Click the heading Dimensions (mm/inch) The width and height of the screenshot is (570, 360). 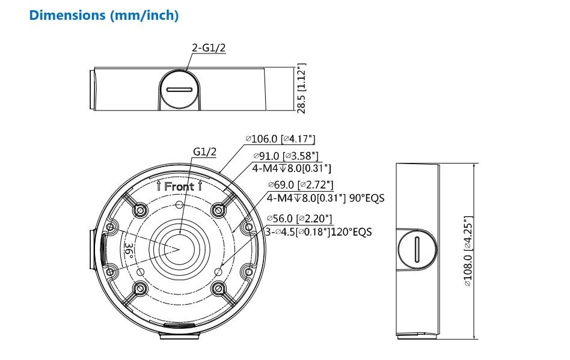point(104,16)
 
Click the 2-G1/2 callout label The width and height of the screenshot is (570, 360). point(208,48)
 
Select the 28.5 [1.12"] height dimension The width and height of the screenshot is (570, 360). point(301,88)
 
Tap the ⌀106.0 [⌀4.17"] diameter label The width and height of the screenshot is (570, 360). point(280,139)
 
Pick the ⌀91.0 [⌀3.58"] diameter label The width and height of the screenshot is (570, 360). point(285,156)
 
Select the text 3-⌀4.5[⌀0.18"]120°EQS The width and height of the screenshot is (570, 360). point(319,231)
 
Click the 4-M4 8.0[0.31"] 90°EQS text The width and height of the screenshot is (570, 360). point(325,197)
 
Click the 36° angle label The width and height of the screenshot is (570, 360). point(128,251)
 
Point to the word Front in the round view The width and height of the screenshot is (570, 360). point(179,186)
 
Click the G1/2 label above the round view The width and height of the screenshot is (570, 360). point(204,152)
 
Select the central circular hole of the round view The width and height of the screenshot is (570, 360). point(179,248)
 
